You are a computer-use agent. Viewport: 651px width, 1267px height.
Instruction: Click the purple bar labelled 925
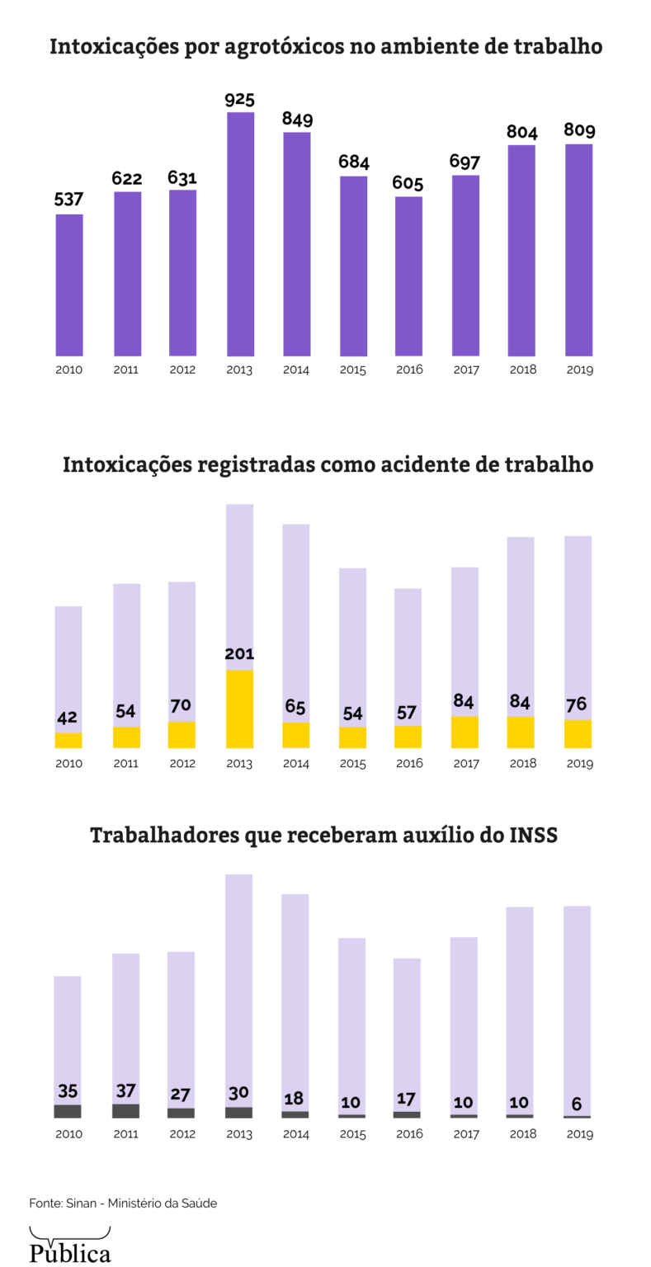point(240,233)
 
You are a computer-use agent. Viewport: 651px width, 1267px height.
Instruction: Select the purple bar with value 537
point(69,285)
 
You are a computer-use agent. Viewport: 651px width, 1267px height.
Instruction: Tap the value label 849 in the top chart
point(297,119)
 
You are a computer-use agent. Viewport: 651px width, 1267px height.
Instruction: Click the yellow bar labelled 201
point(239,709)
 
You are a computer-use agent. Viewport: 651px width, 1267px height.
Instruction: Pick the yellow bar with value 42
point(68,740)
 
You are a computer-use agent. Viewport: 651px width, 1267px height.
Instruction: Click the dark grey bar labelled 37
point(125,1110)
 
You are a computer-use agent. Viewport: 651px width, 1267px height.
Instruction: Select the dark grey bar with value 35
point(68,1111)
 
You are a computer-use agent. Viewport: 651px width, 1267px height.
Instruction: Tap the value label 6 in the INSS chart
point(577,1104)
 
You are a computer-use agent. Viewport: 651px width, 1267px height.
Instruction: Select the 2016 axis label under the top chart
point(408,370)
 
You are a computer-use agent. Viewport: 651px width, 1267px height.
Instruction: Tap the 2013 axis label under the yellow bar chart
point(239,764)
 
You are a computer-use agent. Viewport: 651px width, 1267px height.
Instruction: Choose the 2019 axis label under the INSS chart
point(579,1134)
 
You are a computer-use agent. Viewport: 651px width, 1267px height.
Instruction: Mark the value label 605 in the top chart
point(408,183)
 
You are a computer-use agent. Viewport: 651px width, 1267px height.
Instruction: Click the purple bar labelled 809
point(578,250)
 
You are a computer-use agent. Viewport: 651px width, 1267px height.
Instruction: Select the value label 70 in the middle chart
point(182,706)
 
